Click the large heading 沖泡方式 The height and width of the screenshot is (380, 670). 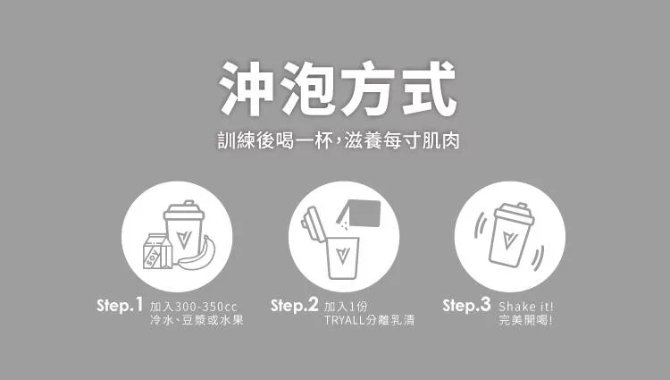click(x=338, y=89)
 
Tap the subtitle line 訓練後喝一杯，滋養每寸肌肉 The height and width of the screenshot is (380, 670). click(x=339, y=140)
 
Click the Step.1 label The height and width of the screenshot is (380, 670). click(x=120, y=306)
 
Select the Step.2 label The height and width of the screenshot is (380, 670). click(x=295, y=306)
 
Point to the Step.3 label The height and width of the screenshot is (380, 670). click(x=466, y=306)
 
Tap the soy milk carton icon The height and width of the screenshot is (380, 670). click(x=157, y=251)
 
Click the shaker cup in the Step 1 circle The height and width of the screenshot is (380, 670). click(x=184, y=230)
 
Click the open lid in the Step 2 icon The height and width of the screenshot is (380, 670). click(x=310, y=225)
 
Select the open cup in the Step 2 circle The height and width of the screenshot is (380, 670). click(x=342, y=258)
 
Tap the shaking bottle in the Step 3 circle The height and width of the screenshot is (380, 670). click(x=511, y=234)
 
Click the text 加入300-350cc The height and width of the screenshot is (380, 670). click(x=194, y=307)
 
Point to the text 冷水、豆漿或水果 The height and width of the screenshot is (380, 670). click(x=197, y=320)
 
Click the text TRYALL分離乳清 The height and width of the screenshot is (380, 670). click(x=369, y=320)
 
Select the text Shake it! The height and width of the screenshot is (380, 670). click(x=525, y=307)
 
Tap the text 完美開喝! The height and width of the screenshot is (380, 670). click(x=525, y=320)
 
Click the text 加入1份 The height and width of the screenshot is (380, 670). click(x=346, y=307)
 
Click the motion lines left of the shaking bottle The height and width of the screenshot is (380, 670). click(x=481, y=225)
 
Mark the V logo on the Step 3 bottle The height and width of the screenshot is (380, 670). click(x=507, y=240)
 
